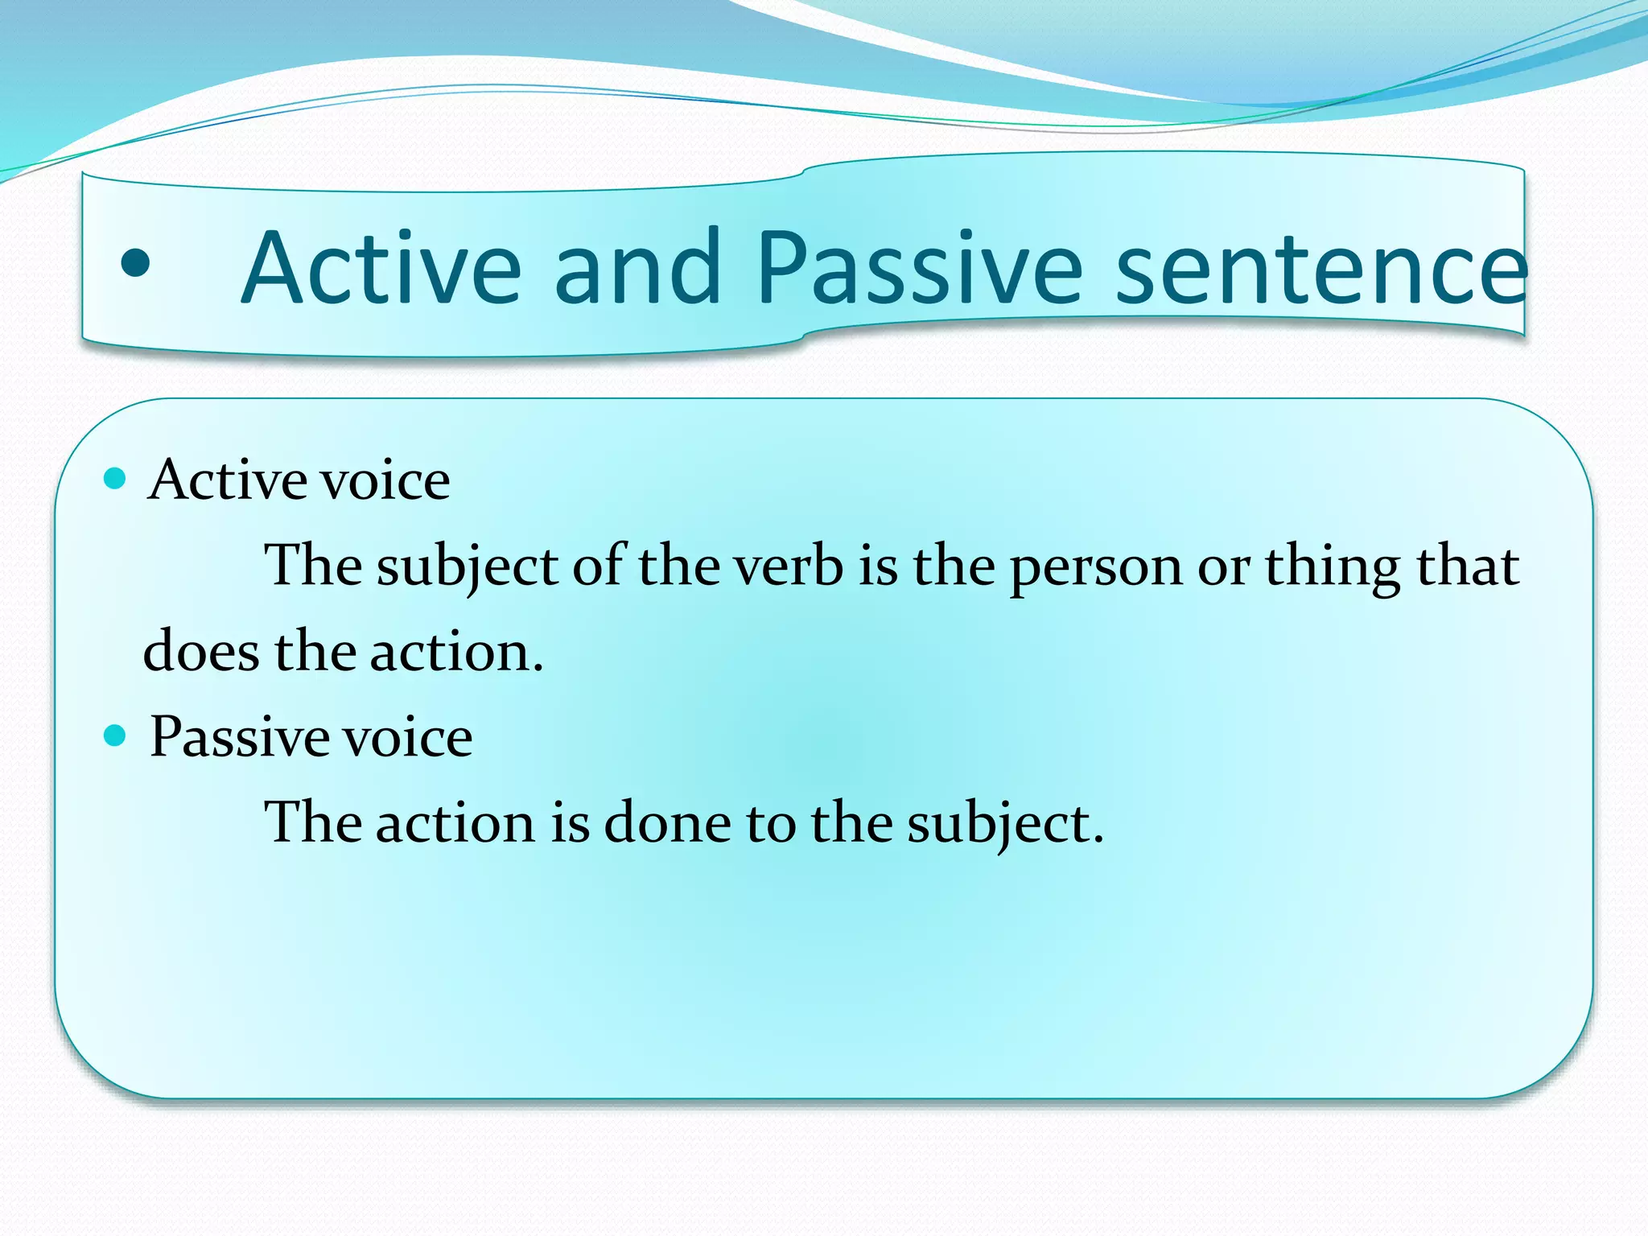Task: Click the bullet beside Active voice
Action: click(x=116, y=479)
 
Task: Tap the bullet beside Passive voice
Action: click(x=116, y=735)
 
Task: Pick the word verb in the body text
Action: click(x=789, y=566)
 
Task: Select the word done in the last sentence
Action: click(x=667, y=823)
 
